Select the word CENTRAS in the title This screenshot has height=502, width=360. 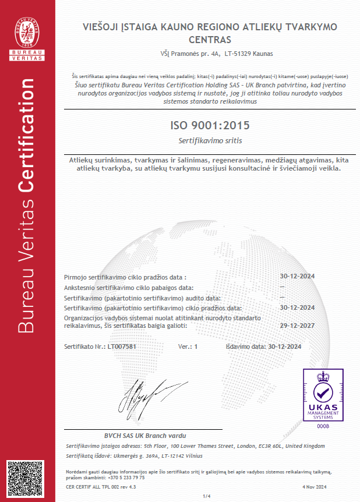(x=210, y=40)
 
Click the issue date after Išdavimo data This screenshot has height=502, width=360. (x=285, y=347)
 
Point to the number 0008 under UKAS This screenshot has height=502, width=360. (x=322, y=426)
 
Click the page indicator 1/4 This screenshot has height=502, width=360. (x=206, y=496)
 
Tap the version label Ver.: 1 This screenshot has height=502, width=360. (x=188, y=347)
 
